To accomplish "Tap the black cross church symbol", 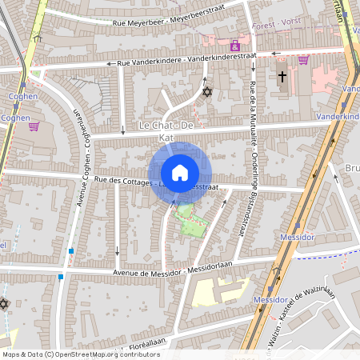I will click(282, 78).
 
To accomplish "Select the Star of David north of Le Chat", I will click(207, 92).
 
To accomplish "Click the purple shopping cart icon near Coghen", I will click(34, 126).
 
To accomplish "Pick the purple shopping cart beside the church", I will click(303, 59).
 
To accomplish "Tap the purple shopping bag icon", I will click(234, 45).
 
